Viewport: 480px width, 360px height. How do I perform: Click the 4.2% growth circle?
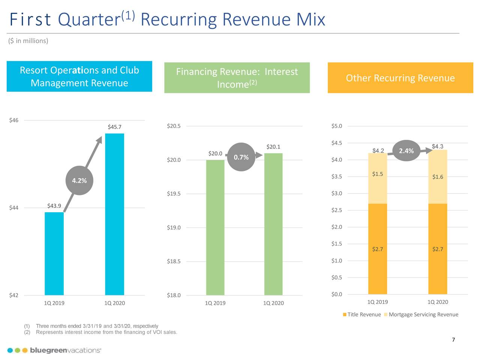[x=79, y=181]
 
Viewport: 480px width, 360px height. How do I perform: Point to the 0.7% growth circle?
[x=241, y=157]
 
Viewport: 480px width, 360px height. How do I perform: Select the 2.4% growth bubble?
[x=406, y=151]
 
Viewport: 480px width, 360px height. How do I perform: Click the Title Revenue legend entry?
[x=362, y=315]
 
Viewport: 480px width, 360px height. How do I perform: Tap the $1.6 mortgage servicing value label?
[x=438, y=177]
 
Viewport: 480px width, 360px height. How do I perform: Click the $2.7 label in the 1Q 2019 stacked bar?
[x=377, y=249]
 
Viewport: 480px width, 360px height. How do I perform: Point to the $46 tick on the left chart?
[x=13, y=120]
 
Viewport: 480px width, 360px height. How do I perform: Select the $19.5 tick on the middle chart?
[x=174, y=194]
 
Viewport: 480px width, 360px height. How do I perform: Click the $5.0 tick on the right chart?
[x=337, y=126]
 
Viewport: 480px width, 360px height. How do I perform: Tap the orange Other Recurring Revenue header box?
[x=400, y=78]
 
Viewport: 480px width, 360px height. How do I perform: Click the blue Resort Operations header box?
[x=79, y=76]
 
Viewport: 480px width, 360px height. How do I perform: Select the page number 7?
[x=453, y=340]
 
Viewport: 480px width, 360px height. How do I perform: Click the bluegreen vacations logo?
[x=54, y=350]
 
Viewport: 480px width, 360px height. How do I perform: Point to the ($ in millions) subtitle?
[x=28, y=41]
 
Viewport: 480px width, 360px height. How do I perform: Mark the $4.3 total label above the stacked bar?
[x=438, y=146]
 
